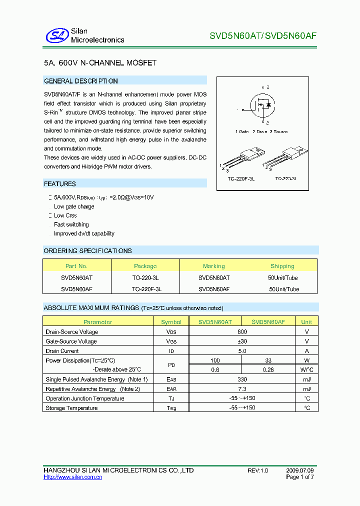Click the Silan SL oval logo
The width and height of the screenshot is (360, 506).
point(56,35)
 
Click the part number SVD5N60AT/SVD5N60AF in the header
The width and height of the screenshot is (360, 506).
point(262,36)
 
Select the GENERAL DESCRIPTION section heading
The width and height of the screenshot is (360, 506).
point(81,81)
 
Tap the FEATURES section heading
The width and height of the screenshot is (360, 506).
point(60,184)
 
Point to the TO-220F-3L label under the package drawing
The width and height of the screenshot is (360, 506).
point(241,178)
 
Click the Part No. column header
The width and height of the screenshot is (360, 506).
point(76,266)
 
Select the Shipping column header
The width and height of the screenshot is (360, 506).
point(282,266)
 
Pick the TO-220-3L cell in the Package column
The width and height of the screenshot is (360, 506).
point(145,277)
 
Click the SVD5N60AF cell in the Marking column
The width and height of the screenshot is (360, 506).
point(214,289)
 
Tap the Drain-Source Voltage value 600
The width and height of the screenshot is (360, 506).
point(242,332)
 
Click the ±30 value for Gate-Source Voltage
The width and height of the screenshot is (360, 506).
point(242,341)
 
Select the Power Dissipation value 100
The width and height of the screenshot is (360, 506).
point(215,360)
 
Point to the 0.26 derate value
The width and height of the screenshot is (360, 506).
point(268,370)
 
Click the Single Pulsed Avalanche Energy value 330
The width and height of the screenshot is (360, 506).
point(242,379)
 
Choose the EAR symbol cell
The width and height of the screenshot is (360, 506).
point(171,389)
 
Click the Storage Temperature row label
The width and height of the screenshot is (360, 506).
point(71,408)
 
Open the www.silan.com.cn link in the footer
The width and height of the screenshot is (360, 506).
point(73,477)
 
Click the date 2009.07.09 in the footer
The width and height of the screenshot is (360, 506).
point(300,471)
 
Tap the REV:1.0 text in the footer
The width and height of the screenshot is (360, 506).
point(258,471)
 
